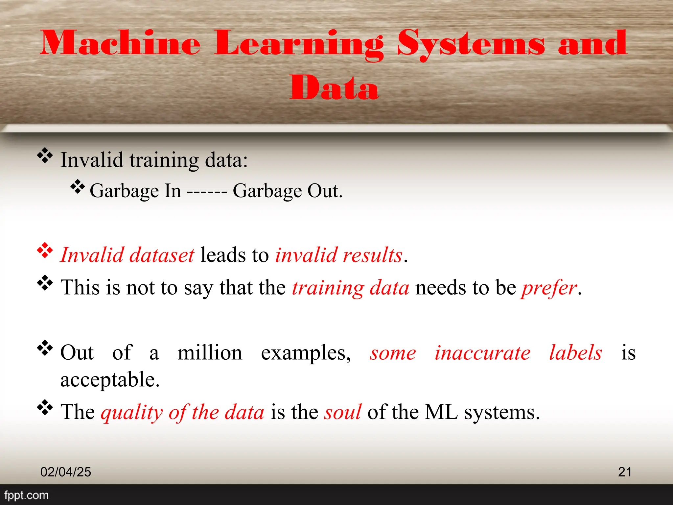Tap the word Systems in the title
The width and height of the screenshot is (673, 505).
coord(471,44)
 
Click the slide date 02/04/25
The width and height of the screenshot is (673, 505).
coord(66,472)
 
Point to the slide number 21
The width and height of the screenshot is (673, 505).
coord(624,472)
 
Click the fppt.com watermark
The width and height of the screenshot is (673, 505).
coord(26,495)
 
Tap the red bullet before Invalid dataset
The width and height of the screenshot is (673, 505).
coord(45,251)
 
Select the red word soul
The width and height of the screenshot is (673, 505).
coord(342,412)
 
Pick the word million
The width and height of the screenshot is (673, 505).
coord(210,353)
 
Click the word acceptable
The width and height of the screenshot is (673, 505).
coord(110,380)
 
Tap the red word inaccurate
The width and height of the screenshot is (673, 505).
coord(482,353)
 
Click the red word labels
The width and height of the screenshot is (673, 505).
coord(575,353)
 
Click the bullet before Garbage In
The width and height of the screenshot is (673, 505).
coord(78,187)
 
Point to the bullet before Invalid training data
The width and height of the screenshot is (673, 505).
coord(45,156)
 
